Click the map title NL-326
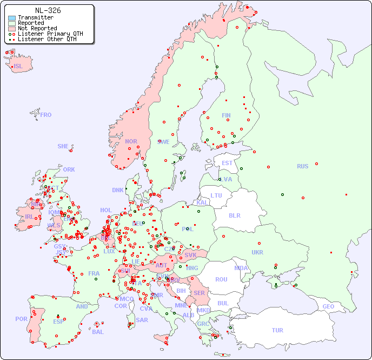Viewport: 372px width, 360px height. click(x=48, y=10)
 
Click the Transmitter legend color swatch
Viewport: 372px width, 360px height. click(x=12, y=18)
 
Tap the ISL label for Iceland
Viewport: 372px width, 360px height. click(x=18, y=67)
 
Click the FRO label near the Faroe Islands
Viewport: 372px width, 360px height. click(x=46, y=115)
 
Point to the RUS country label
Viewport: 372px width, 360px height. click(x=302, y=166)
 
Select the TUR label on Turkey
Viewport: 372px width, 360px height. click(x=277, y=330)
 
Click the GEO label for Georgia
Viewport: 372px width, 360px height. click(x=328, y=306)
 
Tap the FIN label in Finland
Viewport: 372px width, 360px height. click(x=226, y=115)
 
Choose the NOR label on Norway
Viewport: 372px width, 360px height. click(x=131, y=141)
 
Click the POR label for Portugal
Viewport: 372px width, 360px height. click(x=21, y=319)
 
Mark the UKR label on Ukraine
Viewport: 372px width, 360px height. click(x=257, y=252)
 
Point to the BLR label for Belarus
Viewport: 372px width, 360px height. click(x=235, y=215)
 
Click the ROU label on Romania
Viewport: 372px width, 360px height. click(x=221, y=279)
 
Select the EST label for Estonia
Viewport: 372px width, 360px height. click(x=227, y=163)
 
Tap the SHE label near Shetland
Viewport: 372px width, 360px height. click(x=63, y=146)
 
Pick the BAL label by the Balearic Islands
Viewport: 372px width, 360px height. click(x=97, y=332)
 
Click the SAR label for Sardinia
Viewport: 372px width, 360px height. click(x=142, y=320)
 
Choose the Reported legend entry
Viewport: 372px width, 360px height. click(x=31, y=23)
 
